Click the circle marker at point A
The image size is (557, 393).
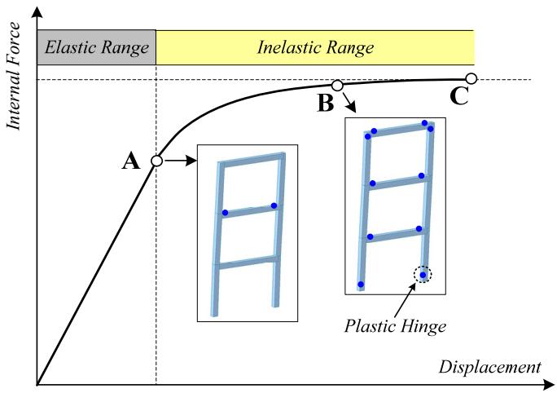point(156,161)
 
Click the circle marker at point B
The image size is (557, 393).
point(337,86)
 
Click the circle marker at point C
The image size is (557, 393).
point(471,78)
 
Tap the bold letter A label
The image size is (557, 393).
point(131,161)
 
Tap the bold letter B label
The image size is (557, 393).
point(326,103)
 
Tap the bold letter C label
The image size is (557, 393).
point(459,95)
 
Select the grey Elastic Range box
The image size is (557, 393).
point(97,47)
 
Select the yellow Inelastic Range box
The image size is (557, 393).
point(315,47)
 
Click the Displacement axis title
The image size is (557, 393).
point(490,367)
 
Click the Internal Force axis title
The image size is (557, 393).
point(14,76)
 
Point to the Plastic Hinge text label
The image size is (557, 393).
point(395,326)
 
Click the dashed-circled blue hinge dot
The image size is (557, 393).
point(423,275)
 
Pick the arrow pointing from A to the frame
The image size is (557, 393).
point(181,161)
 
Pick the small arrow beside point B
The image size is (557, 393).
point(349,103)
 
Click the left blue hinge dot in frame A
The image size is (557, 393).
point(225,213)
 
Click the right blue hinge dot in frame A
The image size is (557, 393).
point(274,205)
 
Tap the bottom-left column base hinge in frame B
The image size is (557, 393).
point(361,285)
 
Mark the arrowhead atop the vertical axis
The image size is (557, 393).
point(37,12)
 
